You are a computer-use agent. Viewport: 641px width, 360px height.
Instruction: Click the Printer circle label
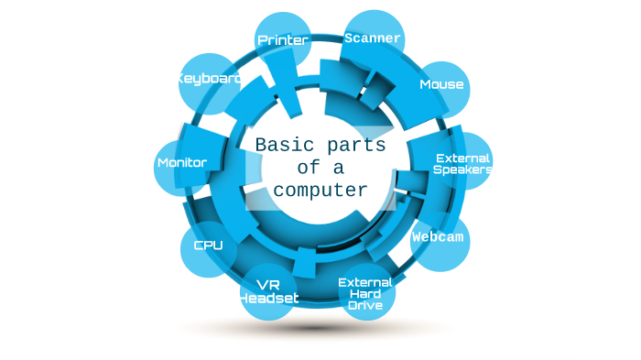click(283, 40)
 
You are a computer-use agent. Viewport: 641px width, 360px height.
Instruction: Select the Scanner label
click(372, 38)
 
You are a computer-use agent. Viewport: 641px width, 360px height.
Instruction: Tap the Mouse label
click(441, 85)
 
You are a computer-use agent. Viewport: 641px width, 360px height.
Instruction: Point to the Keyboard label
click(210, 80)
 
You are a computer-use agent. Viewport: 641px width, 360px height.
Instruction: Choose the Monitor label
click(182, 163)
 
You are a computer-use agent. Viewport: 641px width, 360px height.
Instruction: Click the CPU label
click(208, 245)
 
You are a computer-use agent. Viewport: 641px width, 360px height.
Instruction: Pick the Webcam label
click(438, 236)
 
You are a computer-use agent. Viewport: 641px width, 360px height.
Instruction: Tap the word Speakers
click(462, 169)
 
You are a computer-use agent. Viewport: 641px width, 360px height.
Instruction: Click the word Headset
click(268, 299)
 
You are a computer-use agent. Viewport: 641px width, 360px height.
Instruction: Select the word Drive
click(365, 306)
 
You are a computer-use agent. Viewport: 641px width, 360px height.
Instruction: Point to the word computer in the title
click(320, 191)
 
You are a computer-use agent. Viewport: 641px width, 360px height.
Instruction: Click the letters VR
click(269, 284)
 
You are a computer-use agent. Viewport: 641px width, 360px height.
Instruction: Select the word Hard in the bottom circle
click(365, 294)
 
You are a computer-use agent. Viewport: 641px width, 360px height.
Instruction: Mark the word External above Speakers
click(463, 158)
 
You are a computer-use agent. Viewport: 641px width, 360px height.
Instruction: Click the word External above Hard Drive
click(365, 282)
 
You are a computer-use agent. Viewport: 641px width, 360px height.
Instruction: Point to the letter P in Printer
click(263, 40)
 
